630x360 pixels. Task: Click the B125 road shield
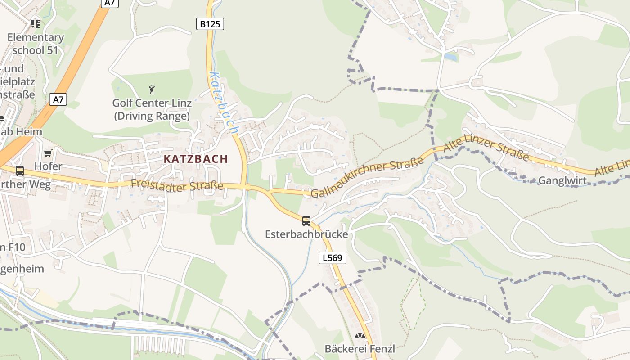coord(210,24)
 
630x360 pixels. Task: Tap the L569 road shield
coord(333,258)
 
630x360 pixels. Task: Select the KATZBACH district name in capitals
coord(196,159)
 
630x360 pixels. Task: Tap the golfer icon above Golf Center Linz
coord(152,89)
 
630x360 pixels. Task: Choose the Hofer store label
coord(48,166)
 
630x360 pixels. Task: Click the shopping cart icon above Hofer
coord(48,153)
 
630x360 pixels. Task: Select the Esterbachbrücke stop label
coord(306,234)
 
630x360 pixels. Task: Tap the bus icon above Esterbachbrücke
coord(306,220)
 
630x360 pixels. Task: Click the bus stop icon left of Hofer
coord(20,171)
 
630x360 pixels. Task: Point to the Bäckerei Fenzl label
coord(360,348)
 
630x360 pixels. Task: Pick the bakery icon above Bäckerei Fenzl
coord(360,336)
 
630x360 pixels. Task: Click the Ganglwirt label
coord(562,180)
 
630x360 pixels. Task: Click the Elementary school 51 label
coord(36,44)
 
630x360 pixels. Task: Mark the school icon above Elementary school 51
coord(36,23)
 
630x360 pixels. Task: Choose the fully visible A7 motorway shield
coord(58,99)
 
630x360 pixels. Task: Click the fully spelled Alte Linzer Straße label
coord(486,150)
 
